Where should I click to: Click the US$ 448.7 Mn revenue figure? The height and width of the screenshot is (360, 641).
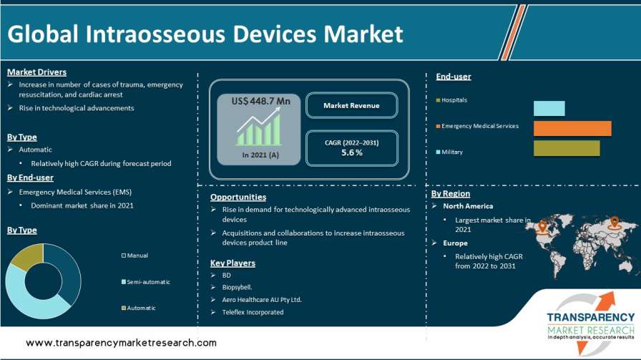pos(261,101)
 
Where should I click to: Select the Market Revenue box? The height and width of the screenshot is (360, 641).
pos(351,105)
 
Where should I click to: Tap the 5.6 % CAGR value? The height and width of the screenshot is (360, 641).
pos(352,152)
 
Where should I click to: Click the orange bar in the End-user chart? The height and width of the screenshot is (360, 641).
pos(572,128)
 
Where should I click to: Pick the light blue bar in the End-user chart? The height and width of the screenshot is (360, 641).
pos(549,108)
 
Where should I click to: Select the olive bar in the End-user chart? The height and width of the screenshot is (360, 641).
pos(567,148)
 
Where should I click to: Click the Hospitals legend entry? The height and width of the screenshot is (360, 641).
pos(451,99)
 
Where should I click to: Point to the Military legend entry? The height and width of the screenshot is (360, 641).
pos(449,152)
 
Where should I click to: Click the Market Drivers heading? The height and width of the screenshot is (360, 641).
pos(36,72)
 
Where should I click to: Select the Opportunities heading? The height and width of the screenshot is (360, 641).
pos(238,198)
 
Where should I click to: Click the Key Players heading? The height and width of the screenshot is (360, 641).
pos(233,263)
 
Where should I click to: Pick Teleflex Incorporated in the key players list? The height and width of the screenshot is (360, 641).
pos(253,312)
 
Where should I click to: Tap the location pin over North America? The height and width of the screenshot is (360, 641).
pos(542,225)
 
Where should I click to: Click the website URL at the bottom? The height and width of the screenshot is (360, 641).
pos(122,343)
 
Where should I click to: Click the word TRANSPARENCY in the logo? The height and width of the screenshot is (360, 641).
pos(591,318)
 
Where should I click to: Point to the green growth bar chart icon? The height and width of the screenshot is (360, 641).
pos(258,127)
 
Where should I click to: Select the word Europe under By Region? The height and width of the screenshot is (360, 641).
pos(456,243)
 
